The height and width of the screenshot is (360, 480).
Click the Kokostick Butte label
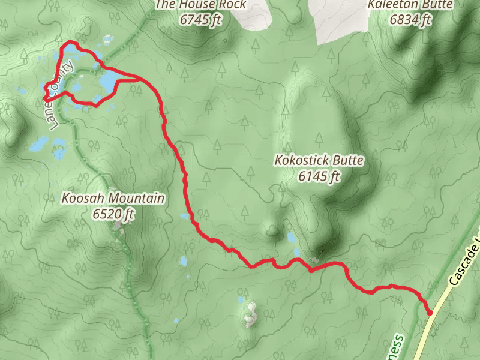click(319, 161)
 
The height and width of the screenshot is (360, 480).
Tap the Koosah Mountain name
click(113, 198)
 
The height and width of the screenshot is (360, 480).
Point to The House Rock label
click(200, 5)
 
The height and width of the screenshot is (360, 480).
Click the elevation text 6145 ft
click(319, 176)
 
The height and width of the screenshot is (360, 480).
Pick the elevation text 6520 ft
click(113, 213)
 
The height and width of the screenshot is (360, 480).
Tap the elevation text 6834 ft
click(410, 19)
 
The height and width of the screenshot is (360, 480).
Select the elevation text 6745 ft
click(200, 19)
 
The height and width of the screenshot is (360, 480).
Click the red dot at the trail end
click(430, 312)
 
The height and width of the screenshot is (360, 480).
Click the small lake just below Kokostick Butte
click(292, 238)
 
